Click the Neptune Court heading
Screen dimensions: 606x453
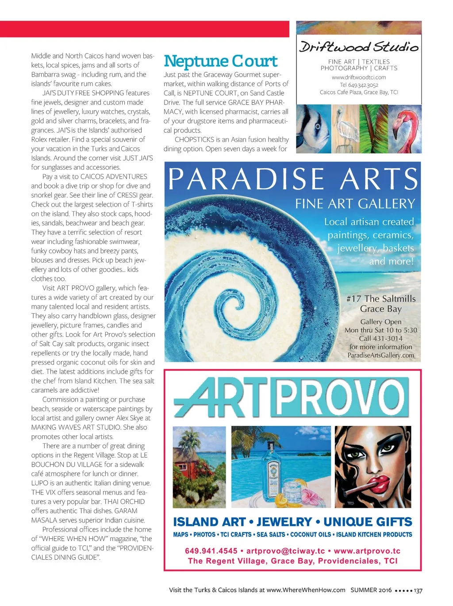click(x=220, y=61)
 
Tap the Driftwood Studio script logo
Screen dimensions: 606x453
click(x=358, y=47)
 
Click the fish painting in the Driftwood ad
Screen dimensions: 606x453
click(x=313, y=129)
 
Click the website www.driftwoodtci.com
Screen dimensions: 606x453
click(x=359, y=77)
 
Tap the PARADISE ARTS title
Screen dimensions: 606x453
click(x=293, y=179)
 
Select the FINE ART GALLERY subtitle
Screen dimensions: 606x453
click(x=355, y=204)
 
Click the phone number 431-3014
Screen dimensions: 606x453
click(x=387, y=338)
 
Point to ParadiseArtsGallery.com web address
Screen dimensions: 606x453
click(x=380, y=355)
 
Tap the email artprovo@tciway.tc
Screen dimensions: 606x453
click(x=285, y=551)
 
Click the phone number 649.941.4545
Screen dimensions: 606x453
click(x=211, y=551)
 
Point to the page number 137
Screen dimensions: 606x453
click(x=418, y=590)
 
